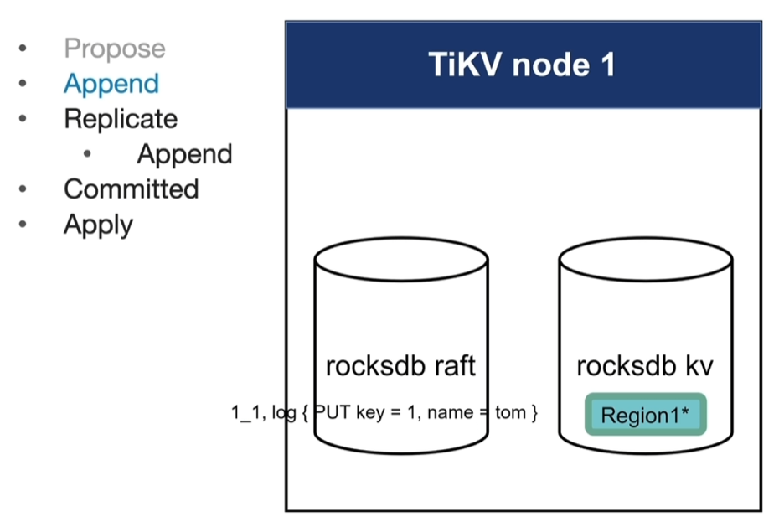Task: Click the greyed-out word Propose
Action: pos(115,49)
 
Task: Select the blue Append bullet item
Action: pos(111,84)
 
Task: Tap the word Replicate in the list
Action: pos(121,119)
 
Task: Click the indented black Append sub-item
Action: pos(184,154)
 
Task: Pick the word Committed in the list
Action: pos(131,189)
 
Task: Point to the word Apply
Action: pos(98,225)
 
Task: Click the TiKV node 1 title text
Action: pos(522,65)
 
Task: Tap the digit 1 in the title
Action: pos(607,65)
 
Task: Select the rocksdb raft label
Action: pos(400,366)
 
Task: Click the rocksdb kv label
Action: pos(645,366)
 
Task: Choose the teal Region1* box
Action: pos(645,415)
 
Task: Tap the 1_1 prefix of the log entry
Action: pos(246,413)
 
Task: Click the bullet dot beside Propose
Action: pos(23,49)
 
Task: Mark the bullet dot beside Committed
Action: pos(23,189)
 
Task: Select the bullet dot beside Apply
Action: pos(23,225)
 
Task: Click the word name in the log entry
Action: pos(450,413)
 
